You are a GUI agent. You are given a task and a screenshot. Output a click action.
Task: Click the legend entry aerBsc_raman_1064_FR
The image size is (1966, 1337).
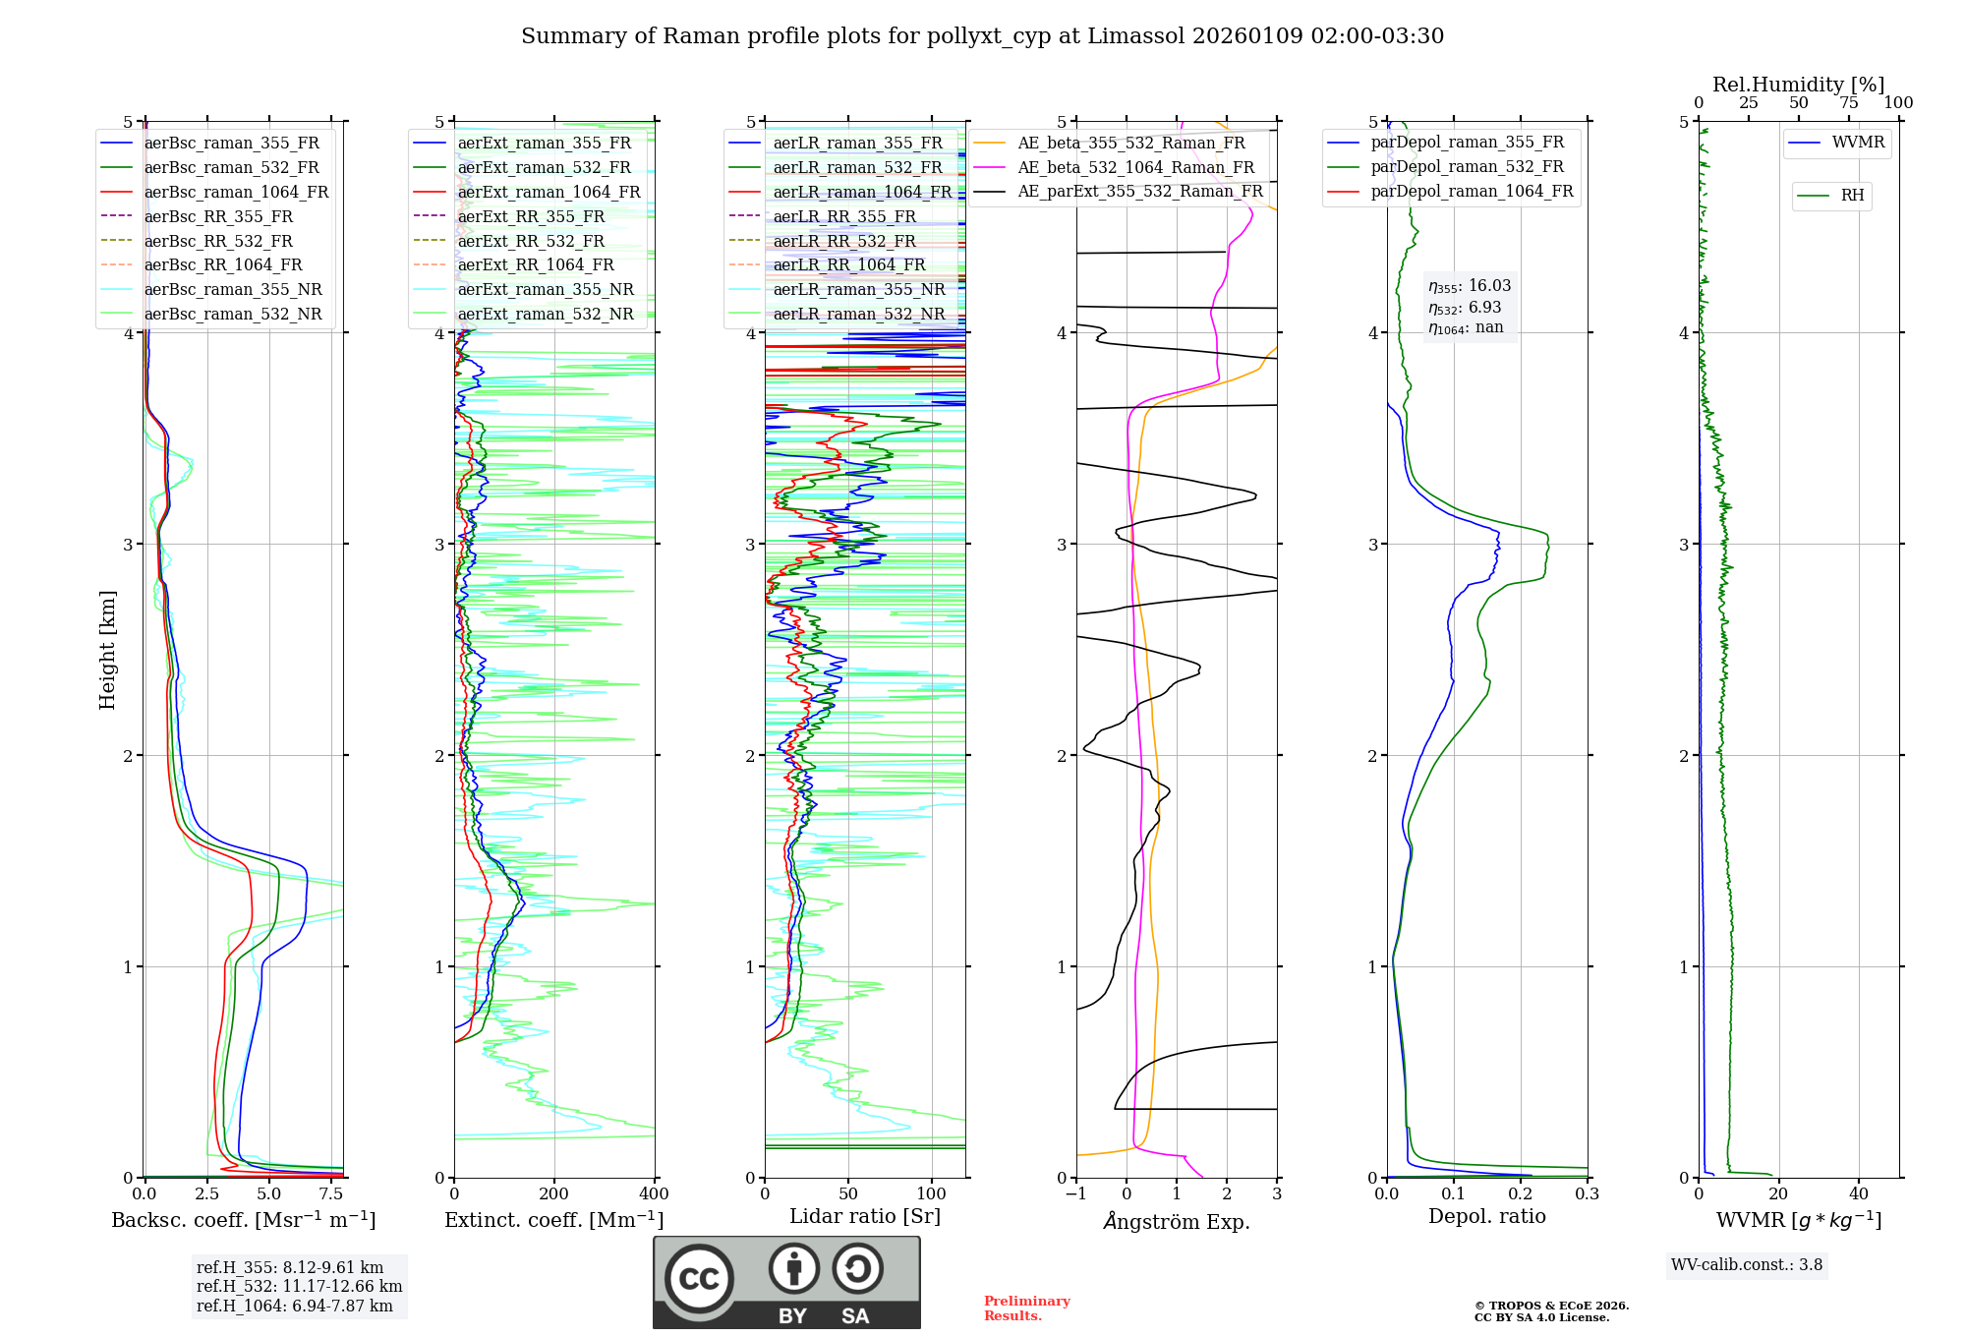(x=236, y=193)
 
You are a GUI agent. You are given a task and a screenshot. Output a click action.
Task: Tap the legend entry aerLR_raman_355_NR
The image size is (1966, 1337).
(x=858, y=290)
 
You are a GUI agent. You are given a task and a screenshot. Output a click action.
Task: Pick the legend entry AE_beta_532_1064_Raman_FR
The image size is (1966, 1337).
(x=1135, y=168)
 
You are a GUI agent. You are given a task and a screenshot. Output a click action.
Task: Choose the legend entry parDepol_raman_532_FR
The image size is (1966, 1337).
(x=1467, y=167)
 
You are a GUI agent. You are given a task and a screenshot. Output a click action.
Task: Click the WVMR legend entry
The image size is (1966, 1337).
(x=1858, y=144)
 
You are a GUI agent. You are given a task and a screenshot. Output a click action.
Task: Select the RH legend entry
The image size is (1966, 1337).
(x=1852, y=196)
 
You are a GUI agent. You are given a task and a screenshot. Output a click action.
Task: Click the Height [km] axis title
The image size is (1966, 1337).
(x=108, y=650)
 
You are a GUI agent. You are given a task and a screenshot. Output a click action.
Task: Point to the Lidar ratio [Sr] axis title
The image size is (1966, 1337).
(x=865, y=1217)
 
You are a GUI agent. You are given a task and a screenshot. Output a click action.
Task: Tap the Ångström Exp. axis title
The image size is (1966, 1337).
(x=1177, y=1222)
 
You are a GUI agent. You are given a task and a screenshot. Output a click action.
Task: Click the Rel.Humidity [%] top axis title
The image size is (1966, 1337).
(x=1798, y=85)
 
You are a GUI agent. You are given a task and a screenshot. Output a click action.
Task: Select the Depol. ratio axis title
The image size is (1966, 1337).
(x=1487, y=1217)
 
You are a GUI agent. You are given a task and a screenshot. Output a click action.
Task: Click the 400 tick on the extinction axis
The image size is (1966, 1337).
(x=655, y=1194)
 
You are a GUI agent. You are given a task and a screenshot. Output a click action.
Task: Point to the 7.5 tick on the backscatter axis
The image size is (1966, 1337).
(x=331, y=1194)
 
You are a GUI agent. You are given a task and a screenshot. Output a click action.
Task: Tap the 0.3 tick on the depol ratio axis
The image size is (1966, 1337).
(x=1588, y=1194)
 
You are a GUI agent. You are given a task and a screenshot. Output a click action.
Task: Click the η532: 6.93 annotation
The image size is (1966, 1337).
(x=1465, y=308)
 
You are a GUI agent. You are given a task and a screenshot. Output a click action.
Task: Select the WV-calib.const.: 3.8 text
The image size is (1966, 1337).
(x=1747, y=1265)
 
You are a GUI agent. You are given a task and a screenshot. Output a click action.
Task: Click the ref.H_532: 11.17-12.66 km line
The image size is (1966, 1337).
(x=299, y=1287)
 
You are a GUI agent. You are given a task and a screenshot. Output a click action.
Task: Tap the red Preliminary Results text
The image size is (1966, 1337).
(x=1026, y=1308)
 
